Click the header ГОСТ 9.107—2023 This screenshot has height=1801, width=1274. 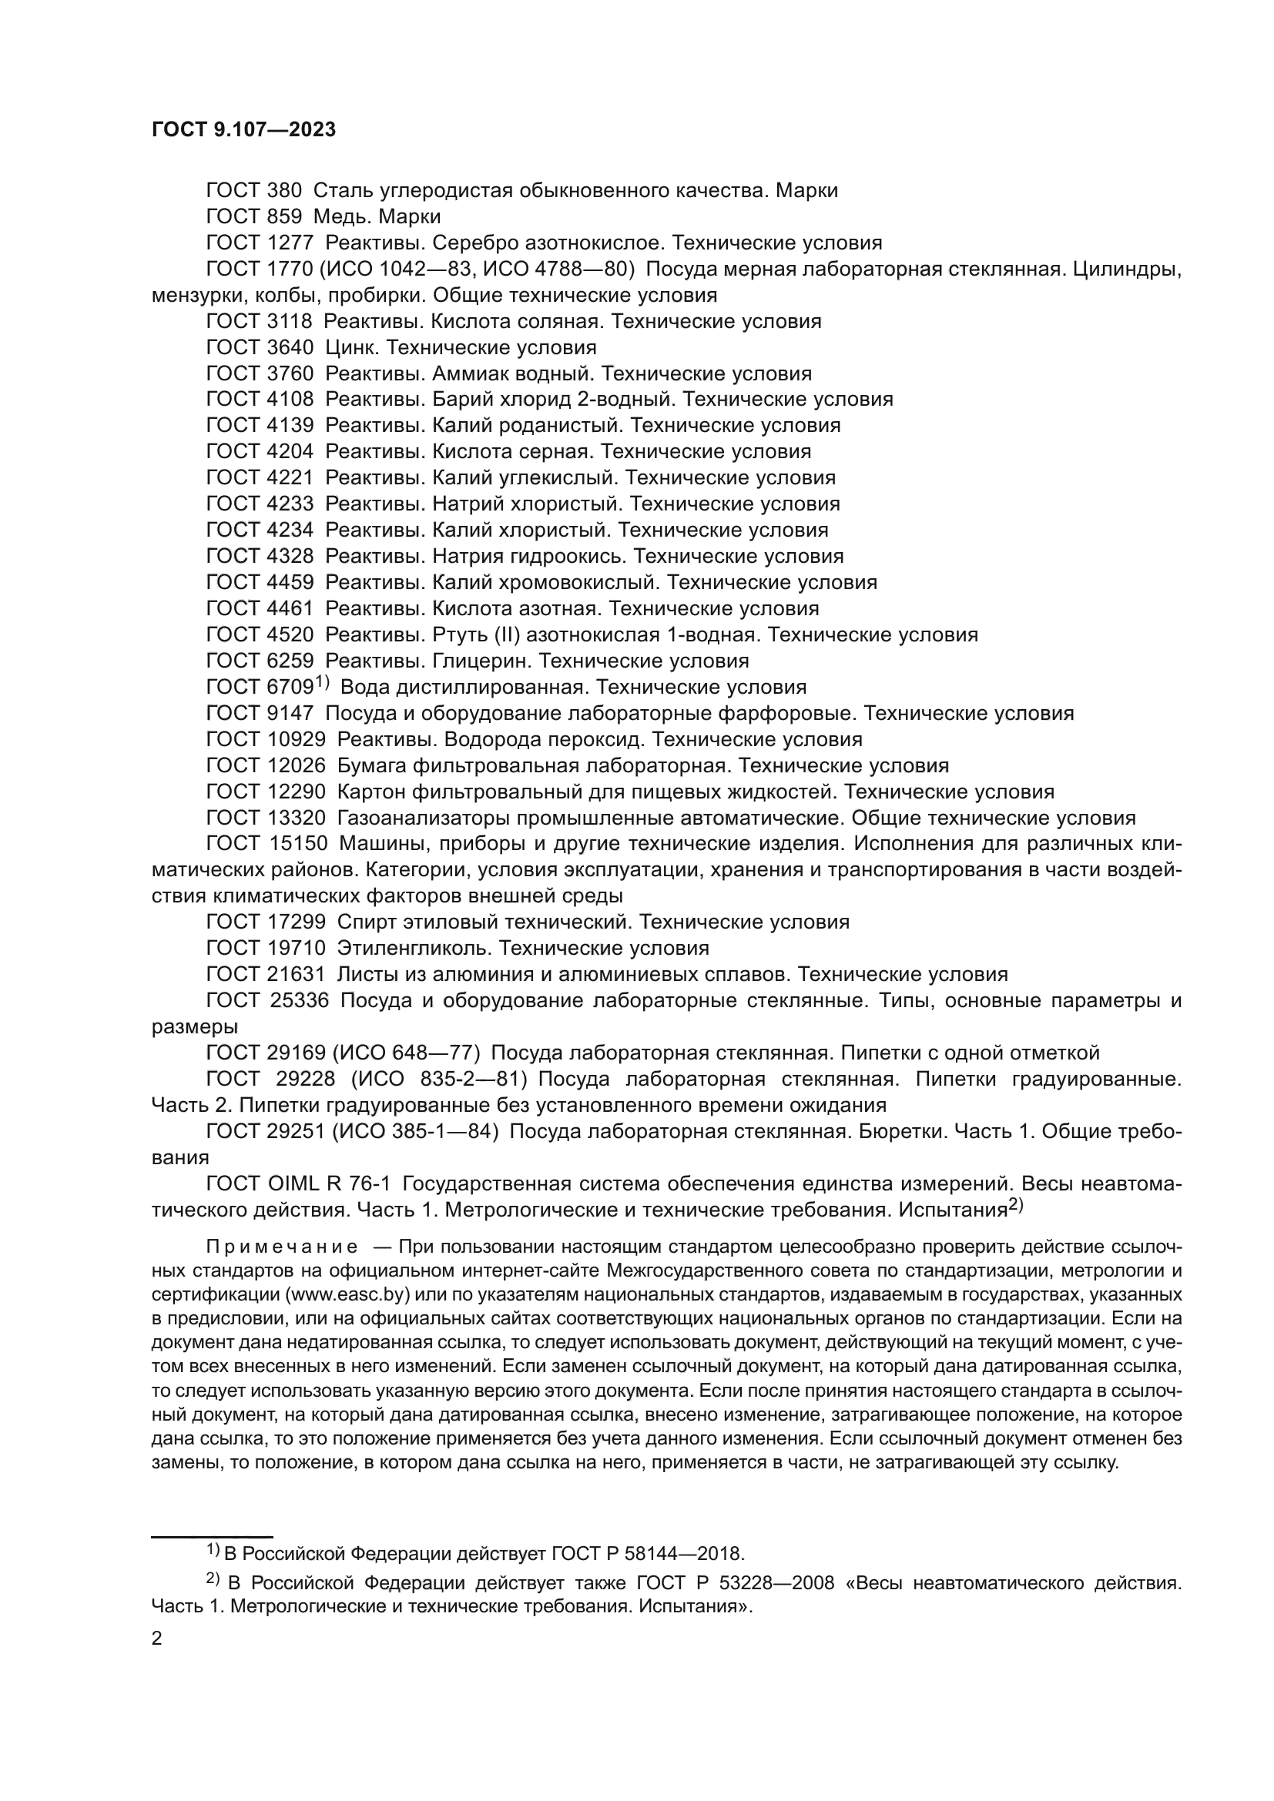(243, 130)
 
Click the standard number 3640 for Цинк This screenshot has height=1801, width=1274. (290, 347)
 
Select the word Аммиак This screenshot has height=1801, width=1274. (469, 373)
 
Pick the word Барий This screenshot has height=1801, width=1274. (459, 400)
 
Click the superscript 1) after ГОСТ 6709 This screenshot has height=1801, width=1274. (323, 683)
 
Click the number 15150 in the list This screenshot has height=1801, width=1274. (297, 844)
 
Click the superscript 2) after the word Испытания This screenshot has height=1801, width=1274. (1016, 1206)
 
